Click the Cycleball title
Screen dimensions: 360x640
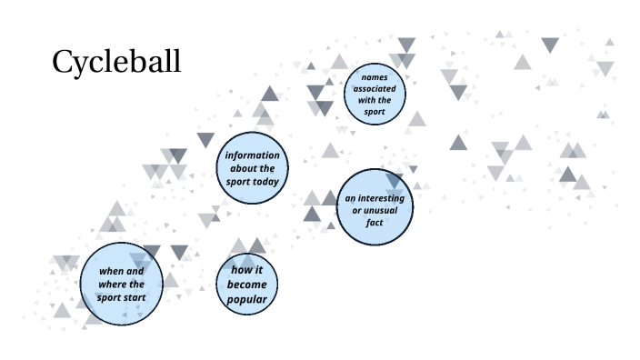[x=116, y=62]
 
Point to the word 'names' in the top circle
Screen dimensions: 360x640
[x=375, y=77]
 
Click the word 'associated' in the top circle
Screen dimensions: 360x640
[x=375, y=89]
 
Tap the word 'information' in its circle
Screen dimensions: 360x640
[x=253, y=155]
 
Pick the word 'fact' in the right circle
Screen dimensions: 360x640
[x=375, y=222]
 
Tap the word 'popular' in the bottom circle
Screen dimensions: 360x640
[x=247, y=298]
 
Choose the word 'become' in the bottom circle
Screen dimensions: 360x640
[x=247, y=285]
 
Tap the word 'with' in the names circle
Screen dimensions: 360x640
[x=367, y=101]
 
